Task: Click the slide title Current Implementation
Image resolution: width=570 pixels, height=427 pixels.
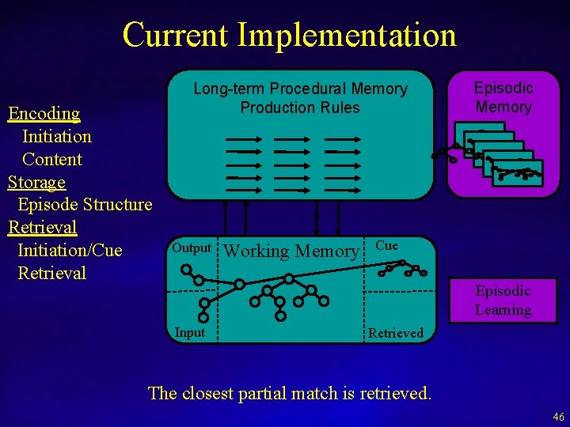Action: (x=289, y=35)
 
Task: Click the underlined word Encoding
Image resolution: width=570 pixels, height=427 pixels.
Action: (x=44, y=113)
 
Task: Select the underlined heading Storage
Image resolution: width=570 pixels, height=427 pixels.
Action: (x=36, y=182)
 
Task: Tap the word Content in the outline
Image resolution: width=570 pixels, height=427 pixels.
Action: (x=52, y=159)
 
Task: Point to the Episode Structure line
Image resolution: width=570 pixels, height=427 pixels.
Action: (x=85, y=205)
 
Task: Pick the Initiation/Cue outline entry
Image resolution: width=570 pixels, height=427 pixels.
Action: (x=70, y=251)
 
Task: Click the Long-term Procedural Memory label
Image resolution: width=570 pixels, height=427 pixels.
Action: (x=301, y=89)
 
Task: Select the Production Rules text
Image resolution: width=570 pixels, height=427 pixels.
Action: (x=300, y=108)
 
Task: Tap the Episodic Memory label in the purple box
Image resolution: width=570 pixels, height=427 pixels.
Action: (x=503, y=97)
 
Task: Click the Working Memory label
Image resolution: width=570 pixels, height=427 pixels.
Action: (x=292, y=251)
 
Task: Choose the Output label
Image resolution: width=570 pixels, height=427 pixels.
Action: (x=192, y=248)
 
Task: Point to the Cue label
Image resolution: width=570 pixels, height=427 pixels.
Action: (x=386, y=246)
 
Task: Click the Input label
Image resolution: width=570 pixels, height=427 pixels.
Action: (x=190, y=332)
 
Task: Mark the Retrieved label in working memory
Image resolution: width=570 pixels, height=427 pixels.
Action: (x=396, y=333)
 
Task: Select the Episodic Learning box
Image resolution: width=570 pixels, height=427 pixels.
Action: (x=503, y=300)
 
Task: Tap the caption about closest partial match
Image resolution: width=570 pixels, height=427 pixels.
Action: (x=290, y=393)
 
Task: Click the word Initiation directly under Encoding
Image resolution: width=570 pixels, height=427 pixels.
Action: (x=56, y=136)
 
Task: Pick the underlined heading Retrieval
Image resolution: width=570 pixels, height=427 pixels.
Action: (x=43, y=228)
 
